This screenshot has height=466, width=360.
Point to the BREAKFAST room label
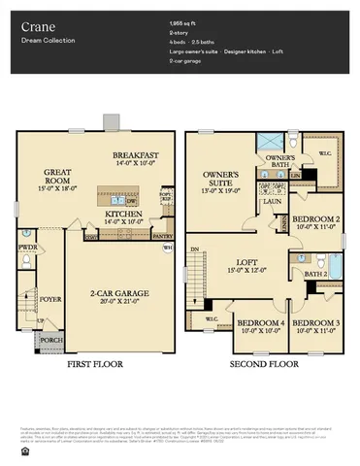pos(135,155)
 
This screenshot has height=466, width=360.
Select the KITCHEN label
pos(124,214)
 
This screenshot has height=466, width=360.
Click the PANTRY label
pos(163,235)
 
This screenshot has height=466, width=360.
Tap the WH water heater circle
pos(167,248)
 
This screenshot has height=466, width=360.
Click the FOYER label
pos(50,300)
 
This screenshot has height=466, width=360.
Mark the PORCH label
pos(50,340)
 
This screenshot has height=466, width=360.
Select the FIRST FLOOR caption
pos(95,365)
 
